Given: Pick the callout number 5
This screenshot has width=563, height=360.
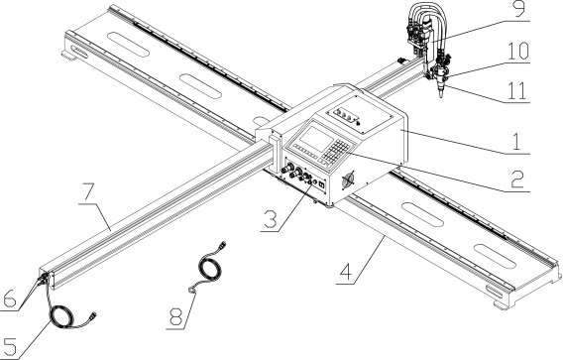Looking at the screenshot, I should point(10,343).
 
